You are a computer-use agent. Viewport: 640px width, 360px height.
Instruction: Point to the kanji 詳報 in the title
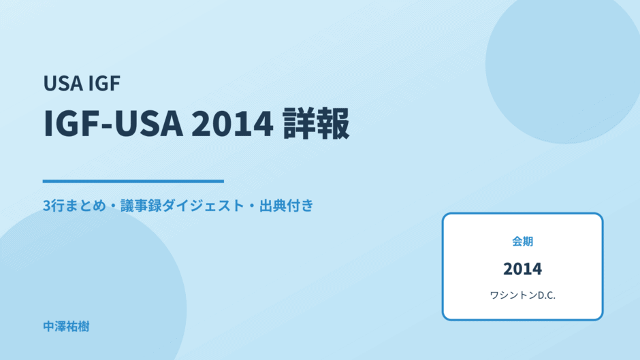coord(317,123)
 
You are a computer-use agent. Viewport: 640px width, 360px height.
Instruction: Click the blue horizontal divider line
coord(133,181)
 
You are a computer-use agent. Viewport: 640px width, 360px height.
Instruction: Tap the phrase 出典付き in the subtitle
coord(287,206)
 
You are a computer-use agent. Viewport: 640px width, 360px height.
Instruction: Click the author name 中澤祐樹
coord(66,327)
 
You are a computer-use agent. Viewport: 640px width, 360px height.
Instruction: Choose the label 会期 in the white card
coord(522,242)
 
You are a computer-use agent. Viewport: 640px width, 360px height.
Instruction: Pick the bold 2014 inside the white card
coord(522,269)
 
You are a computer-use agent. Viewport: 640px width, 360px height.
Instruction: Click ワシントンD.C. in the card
coord(522,295)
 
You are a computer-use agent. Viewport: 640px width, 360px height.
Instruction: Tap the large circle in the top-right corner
coord(563,65)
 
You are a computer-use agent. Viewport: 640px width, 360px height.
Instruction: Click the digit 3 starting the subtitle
coord(46,206)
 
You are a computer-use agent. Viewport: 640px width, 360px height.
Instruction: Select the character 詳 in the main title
coord(299,123)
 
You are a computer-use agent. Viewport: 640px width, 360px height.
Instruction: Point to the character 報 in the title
coord(334,123)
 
